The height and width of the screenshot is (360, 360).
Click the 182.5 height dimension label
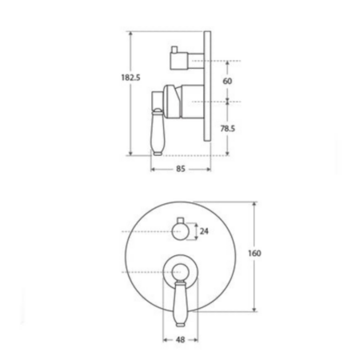pyautogui.click(x=130, y=78)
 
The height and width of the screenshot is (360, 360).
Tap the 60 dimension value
pyautogui.click(x=227, y=81)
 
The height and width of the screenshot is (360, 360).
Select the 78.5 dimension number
pyautogui.click(x=227, y=129)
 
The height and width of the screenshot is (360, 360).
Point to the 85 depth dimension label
pyautogui.click(x=181, y=169)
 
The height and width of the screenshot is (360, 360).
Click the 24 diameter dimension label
pyautogui.click(x=204, y=231)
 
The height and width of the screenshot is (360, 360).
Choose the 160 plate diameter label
pyautogui.click(x=254, y=253)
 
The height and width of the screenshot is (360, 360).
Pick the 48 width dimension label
pyautogui.click(x=181, y=340)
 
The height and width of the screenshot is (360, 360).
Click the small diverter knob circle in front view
pyautogui.click(x=181, y=231)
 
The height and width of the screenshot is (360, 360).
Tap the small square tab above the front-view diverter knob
pyautogui.click(x=181, y=220)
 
